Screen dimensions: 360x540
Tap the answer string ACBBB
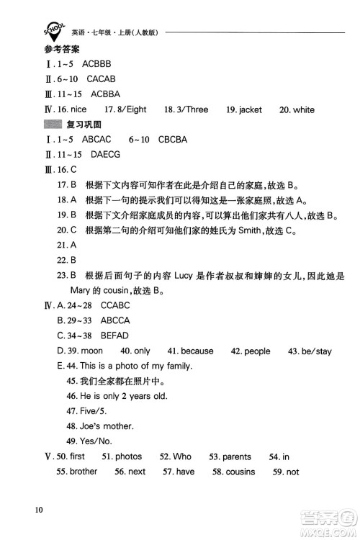(98, 64)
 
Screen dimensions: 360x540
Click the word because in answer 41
(197, 351)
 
